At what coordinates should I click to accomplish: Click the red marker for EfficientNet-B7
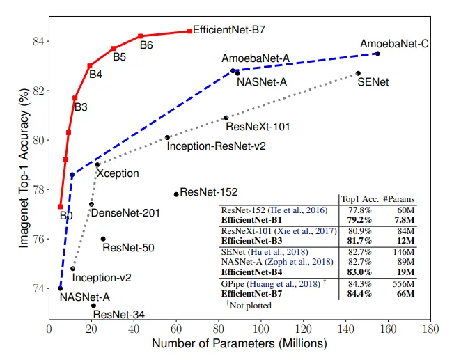pyautogui.click(x=189, y=31)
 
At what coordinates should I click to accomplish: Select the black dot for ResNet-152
pyautogui.click(x=175, y=194)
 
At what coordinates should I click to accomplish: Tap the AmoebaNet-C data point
pyautogui.click(x=377, y=54)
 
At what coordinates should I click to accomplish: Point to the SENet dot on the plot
pyautogui.click(x=358, y=73)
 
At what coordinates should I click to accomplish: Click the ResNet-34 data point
pyautogui.click(x=93, y=306)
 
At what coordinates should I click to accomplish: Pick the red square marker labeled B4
pyautogui.click(x=89, y=66)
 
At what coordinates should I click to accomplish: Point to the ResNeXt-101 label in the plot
pyautogui.click(x=258, y=127)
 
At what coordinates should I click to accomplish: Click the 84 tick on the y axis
pyautogui.click(x=38, y=41)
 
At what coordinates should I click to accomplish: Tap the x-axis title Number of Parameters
pyautogui.click(x=238, y=344)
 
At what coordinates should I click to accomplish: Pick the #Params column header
pyautogui.click(x=400, y=198)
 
